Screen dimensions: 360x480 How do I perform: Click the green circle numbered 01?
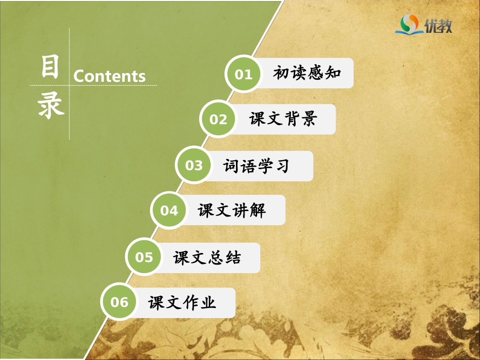[x=243, y=74]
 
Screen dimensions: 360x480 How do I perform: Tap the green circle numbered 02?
[x=218, y=120]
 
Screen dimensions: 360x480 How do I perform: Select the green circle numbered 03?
[x=194, y=166]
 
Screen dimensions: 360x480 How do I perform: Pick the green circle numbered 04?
[x=169, y=210]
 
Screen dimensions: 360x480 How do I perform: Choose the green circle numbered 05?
[x=144, y=258]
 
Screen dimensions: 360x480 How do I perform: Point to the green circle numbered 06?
[x=120, y=302]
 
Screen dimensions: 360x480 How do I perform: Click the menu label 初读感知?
[x=307, y=74]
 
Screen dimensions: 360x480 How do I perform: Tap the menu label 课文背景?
[x=283, y=119]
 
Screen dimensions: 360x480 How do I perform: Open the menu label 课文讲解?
[x=232, y=210]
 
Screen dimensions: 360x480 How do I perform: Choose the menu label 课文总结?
[x=207, y=258]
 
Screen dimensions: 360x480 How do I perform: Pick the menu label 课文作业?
[x=182, y=302]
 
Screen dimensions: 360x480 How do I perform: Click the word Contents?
[x=110, y=76]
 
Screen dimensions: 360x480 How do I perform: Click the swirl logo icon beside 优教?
[x=409, y=23]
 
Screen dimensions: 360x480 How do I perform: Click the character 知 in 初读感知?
[x=333, y=74]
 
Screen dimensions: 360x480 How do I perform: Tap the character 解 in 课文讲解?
[x=258, y=210]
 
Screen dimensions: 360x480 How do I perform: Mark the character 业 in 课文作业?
[x=208, y=302]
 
